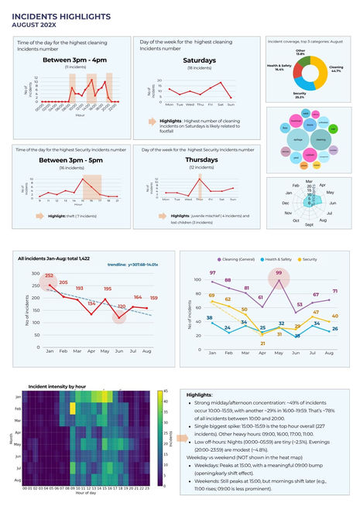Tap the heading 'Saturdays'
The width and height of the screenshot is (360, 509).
[x=199, y=60]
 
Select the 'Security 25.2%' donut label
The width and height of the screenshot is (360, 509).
[x=299, y=94]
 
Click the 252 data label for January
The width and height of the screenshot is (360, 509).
[x=50, y=276]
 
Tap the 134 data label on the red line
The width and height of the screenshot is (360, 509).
[x=91, y=303]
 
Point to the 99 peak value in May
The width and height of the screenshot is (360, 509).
[x=278, y=274]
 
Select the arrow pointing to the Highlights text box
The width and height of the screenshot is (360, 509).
[x=179, y=438]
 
